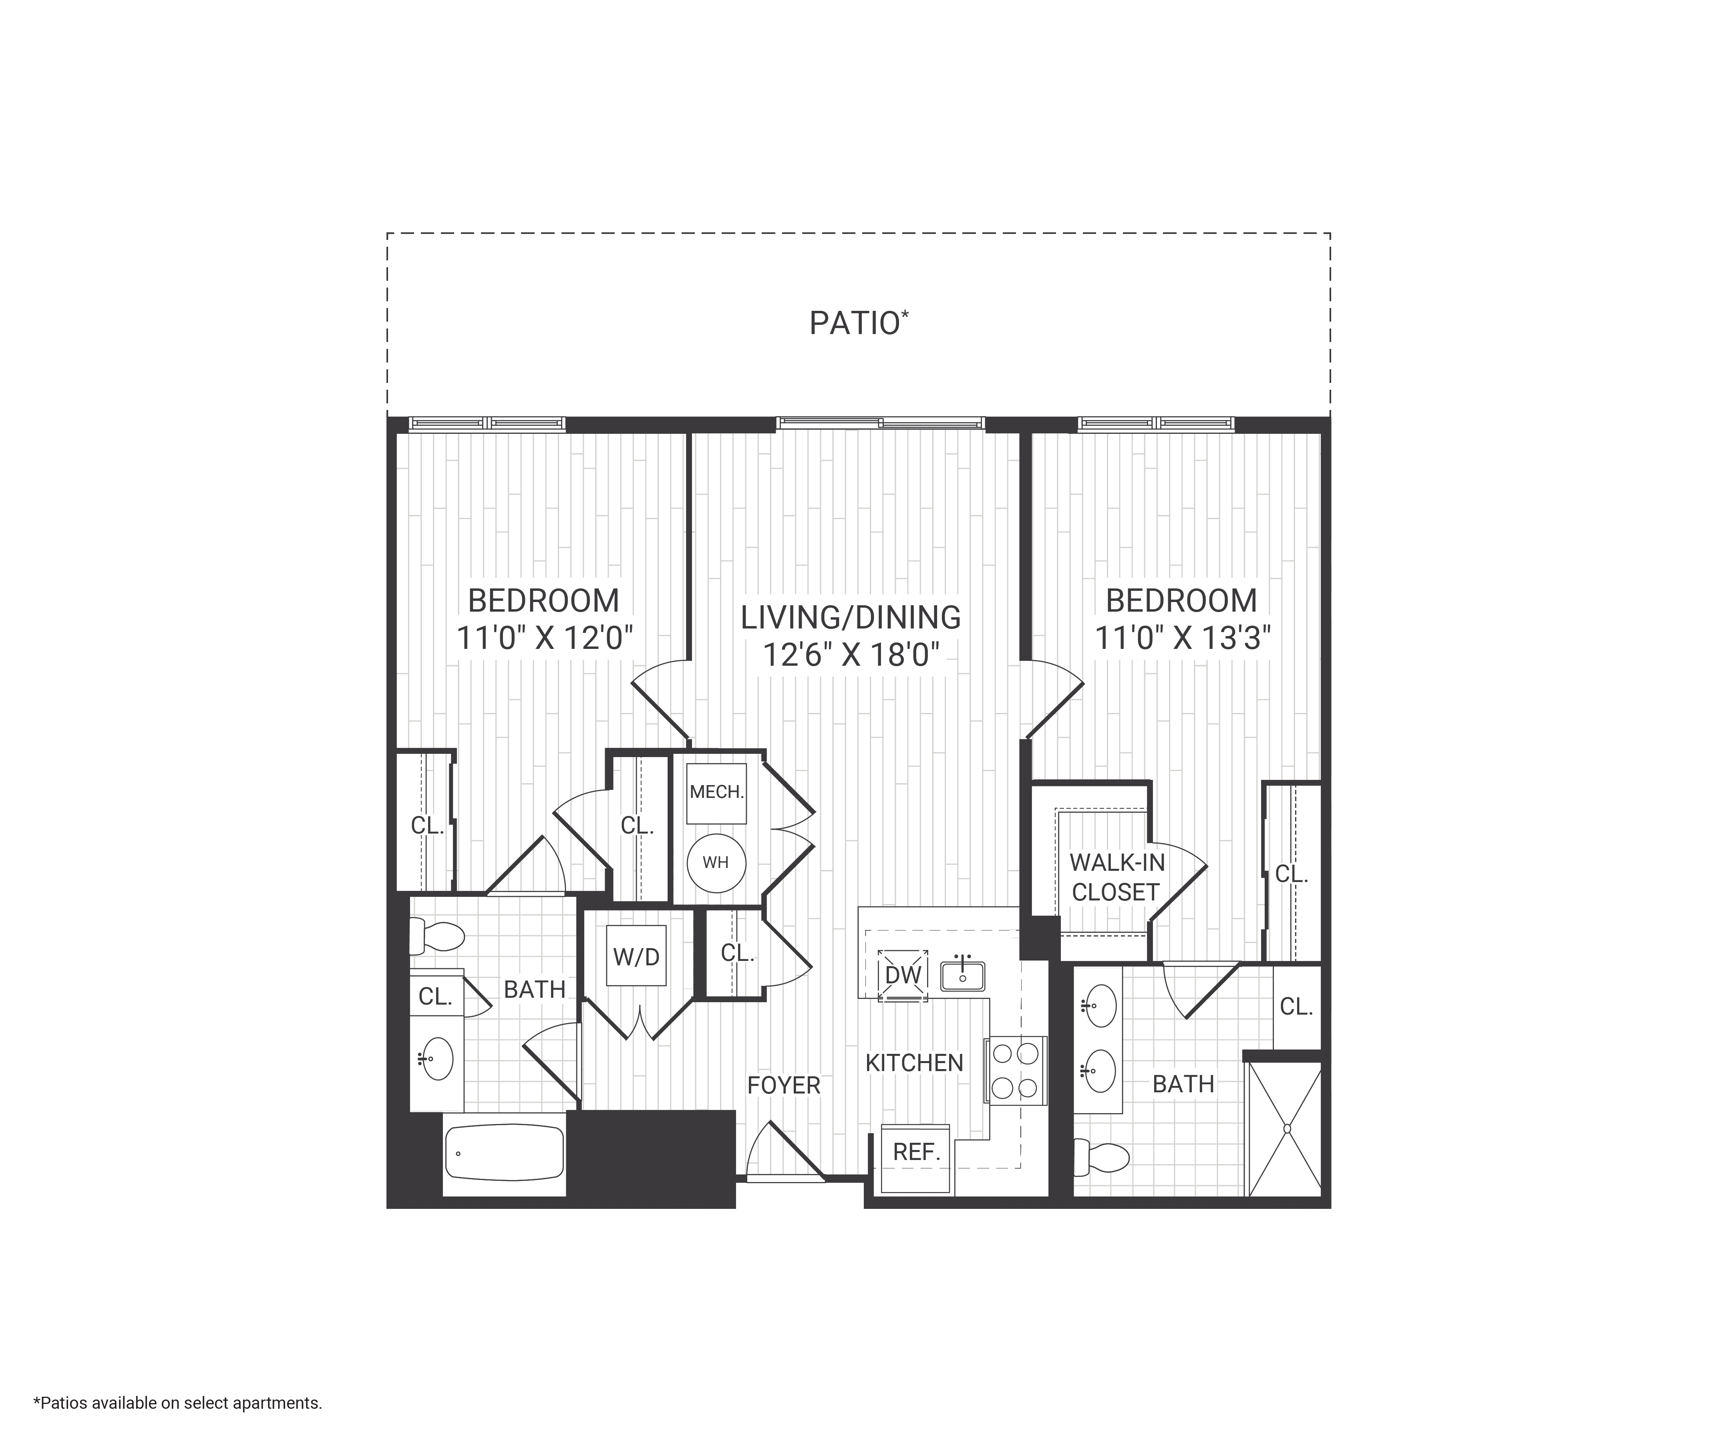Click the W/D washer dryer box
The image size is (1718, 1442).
coord(636,956)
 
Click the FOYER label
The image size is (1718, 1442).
coord(783,1085)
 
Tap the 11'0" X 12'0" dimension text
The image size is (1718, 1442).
coord(544,638)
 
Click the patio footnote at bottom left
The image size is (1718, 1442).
coord(177,1403)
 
